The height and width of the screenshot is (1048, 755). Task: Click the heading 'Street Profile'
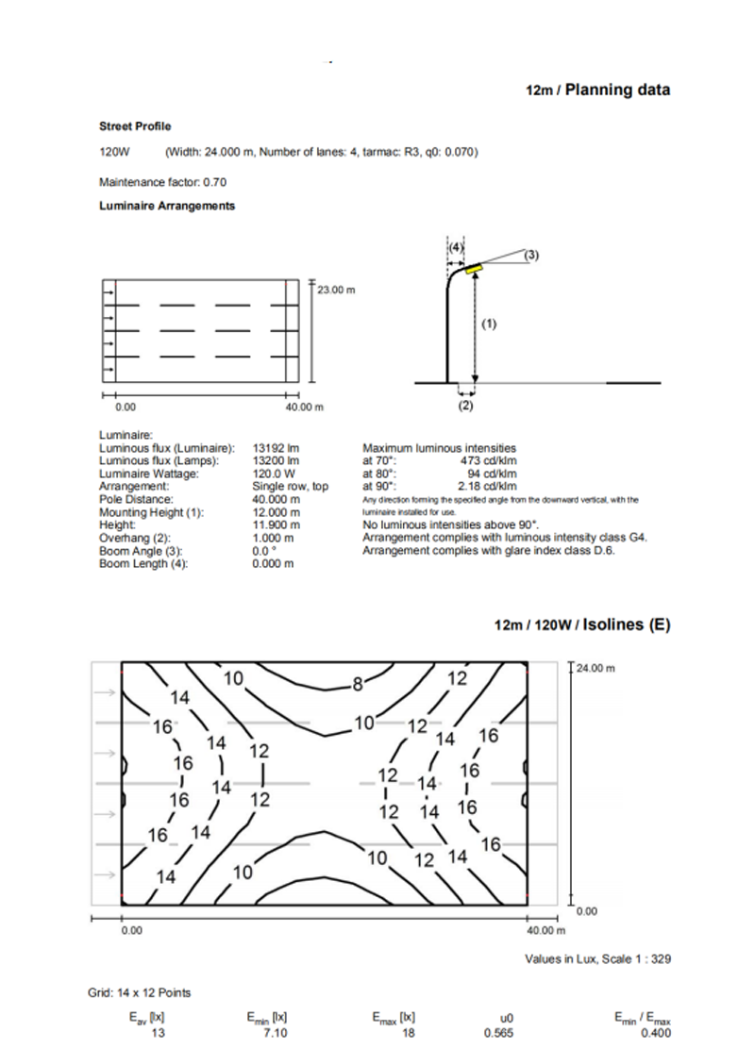coord(135,126)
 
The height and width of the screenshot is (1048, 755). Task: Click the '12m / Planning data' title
coord(598,91)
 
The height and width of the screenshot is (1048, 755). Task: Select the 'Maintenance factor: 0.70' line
coord(162,182)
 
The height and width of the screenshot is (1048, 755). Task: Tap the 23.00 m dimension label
coord(336,290)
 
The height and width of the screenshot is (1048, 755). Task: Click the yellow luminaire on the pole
coord(473,268)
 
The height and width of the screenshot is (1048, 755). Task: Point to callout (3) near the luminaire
coord(532,255)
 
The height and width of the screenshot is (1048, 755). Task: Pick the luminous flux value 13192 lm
coord(276,449)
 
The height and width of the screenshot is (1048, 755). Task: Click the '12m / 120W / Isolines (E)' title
coord(582,624)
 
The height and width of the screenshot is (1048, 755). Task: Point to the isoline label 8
coord(358,685)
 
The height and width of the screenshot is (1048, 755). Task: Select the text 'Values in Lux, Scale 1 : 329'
coord(597,958)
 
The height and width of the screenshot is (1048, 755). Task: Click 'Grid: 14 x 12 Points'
coord(146,992)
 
